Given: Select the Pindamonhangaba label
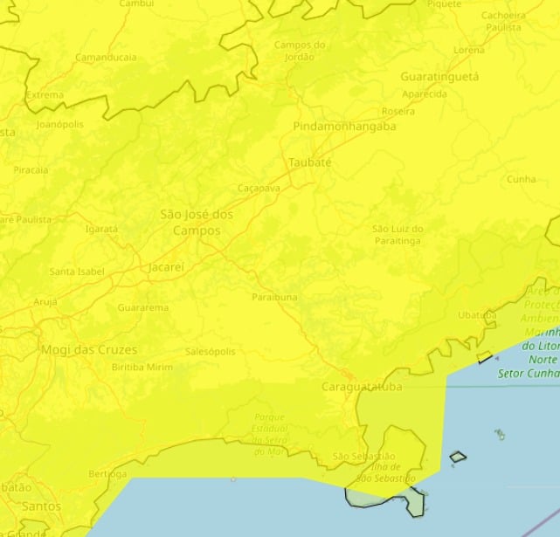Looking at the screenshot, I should pyautogui.click(x=344, y=126).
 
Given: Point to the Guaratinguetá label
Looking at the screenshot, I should pyautogui.click(x=439, y=77).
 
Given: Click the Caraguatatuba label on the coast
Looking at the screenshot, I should pyautogui.click(x=362, y=386).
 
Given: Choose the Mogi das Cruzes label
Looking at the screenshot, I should pyautogui.click(x=89, y=349).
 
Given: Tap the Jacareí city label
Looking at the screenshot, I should pyautogui.click(x=166, y=267).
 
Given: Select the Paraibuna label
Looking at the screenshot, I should pyautogui.click(x=274, y=297).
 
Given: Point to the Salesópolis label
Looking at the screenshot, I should pyautogui.click(x=211, y=351).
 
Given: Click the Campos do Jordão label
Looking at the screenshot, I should pyautogui.click(x=300, y=51).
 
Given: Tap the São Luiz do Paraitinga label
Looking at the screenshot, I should pyautogui.click(x=398, y=234).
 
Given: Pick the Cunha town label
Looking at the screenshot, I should pyautogui.click(x=521, y=179).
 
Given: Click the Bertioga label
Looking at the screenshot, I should pyautogui.click(x=107, y=473).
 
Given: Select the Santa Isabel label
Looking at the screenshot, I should pyautogui.click(x=77, y=272).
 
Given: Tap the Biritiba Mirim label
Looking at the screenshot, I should pyautogui.click(x=142, y=367).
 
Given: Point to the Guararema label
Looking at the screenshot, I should pyautogui.click(x=142, y=308).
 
